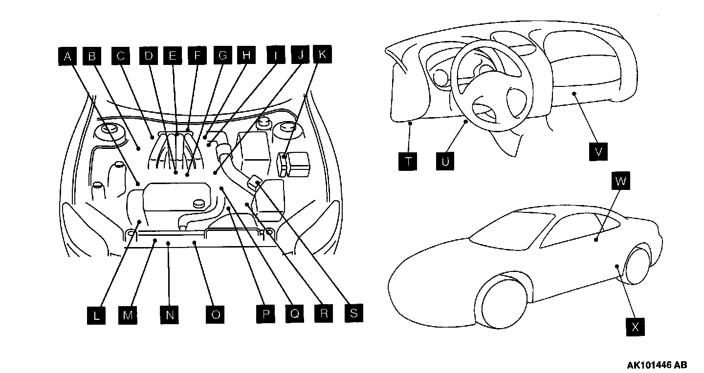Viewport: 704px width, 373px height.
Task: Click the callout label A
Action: [67, 56]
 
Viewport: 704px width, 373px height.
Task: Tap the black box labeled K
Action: [322, 55]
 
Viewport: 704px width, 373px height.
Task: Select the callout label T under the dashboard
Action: [408, 161]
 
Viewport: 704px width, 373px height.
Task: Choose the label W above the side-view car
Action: [620, 182]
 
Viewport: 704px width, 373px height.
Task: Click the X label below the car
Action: [635, 327]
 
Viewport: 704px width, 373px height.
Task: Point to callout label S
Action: [353, 313]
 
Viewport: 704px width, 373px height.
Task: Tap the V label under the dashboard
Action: [598, 151]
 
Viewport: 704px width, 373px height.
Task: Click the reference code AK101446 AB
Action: [657, 365]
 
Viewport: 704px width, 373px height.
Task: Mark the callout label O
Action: [215, 315]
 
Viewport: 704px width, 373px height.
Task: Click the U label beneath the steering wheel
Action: [444, 161]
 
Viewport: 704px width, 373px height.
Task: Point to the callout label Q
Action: [294, 314]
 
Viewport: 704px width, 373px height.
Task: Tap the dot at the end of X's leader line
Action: [617, 266]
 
